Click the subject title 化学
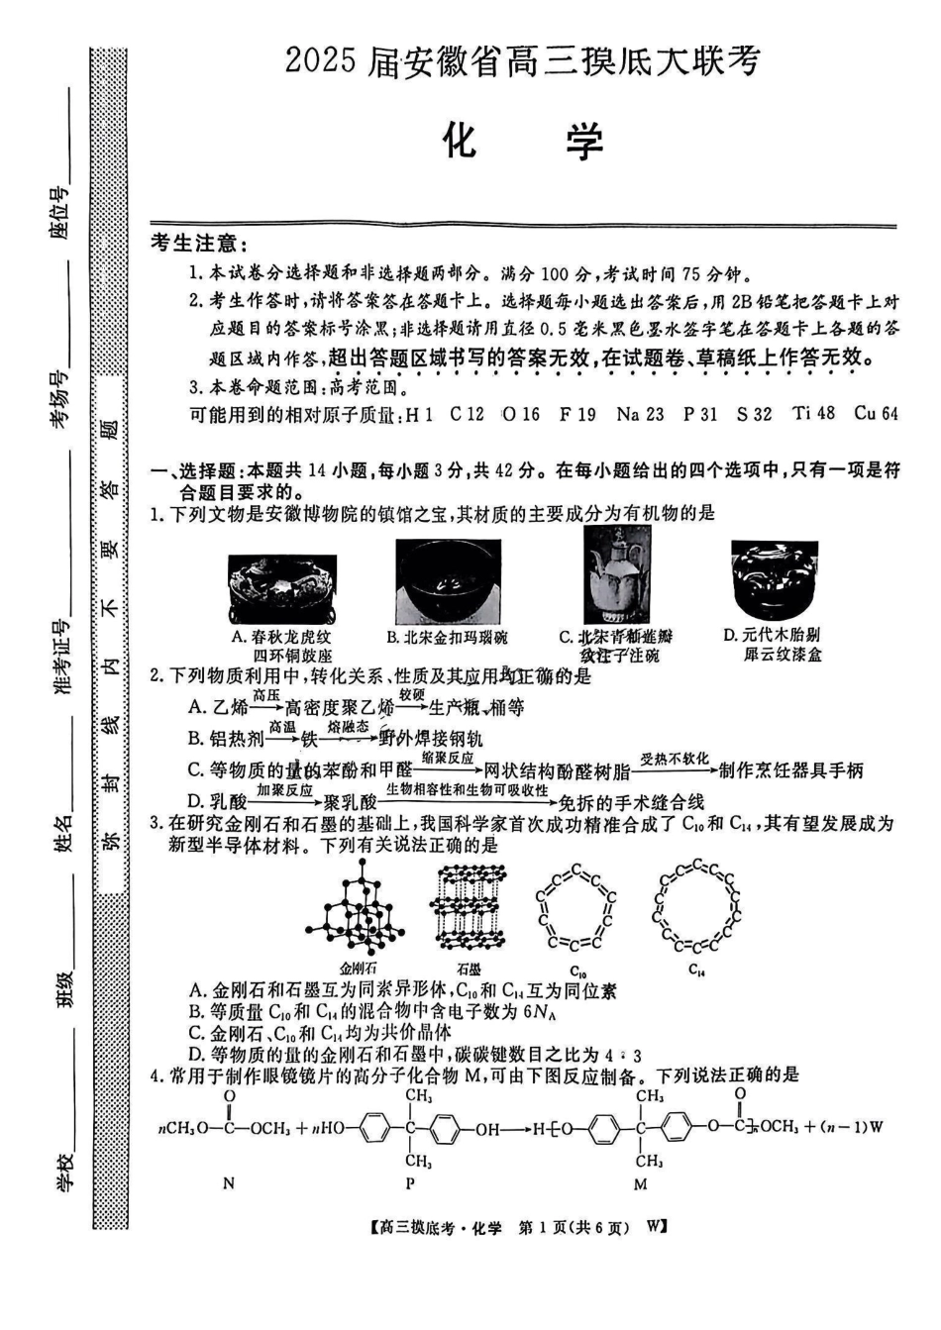click(x=522, y=142)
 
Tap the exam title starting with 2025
click(x=522, y=60)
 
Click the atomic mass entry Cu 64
click(x=876, y=413)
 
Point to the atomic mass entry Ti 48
click(x=814, y=413)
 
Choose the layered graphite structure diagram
click(x=469, y=904)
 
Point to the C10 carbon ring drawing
click(x=576, y=904)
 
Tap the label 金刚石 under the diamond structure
click(x=359, y=969)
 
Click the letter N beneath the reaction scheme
click(x=229, y=1182)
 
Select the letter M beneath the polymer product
click(x=640, y=1183)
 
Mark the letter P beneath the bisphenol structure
click(x=411, y=1182)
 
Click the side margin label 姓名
click(x=63, y=833)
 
